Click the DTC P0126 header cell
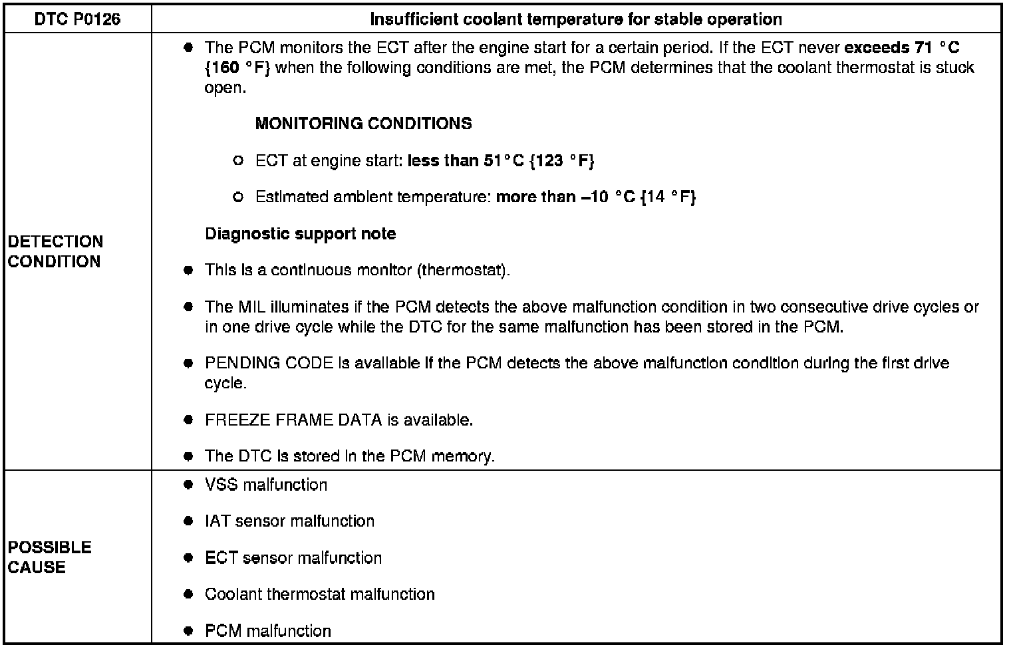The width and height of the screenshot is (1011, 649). click(x=77, y=19)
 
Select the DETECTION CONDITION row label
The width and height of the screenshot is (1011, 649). click(x=55, y=251)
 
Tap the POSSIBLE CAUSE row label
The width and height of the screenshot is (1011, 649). click(x=49, y=557)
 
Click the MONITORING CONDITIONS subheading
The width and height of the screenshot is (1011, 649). click(x=363, y=124)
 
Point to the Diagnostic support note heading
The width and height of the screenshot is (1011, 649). click(x=300, y=234)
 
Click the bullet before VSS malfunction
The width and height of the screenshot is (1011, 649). click(x=189, y=485)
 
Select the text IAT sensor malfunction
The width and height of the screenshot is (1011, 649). click(x=289, y=521)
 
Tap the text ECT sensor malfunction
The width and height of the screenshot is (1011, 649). click(x=293, y=558)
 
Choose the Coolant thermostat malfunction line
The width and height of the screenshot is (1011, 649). click(x=319, y=594)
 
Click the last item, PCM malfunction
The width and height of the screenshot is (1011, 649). click(x=267, y=630)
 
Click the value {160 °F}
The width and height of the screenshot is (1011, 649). click(x=237, y=68)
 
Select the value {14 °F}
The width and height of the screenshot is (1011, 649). click(x=668, y=197)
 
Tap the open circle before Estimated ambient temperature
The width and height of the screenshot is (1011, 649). click(x=238, y=197)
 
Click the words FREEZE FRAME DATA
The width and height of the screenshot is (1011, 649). click(x=293, y=420)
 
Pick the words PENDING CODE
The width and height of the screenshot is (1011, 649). click(x=269, y=363)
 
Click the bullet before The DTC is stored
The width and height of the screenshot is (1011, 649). click(x=189, y=456)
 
